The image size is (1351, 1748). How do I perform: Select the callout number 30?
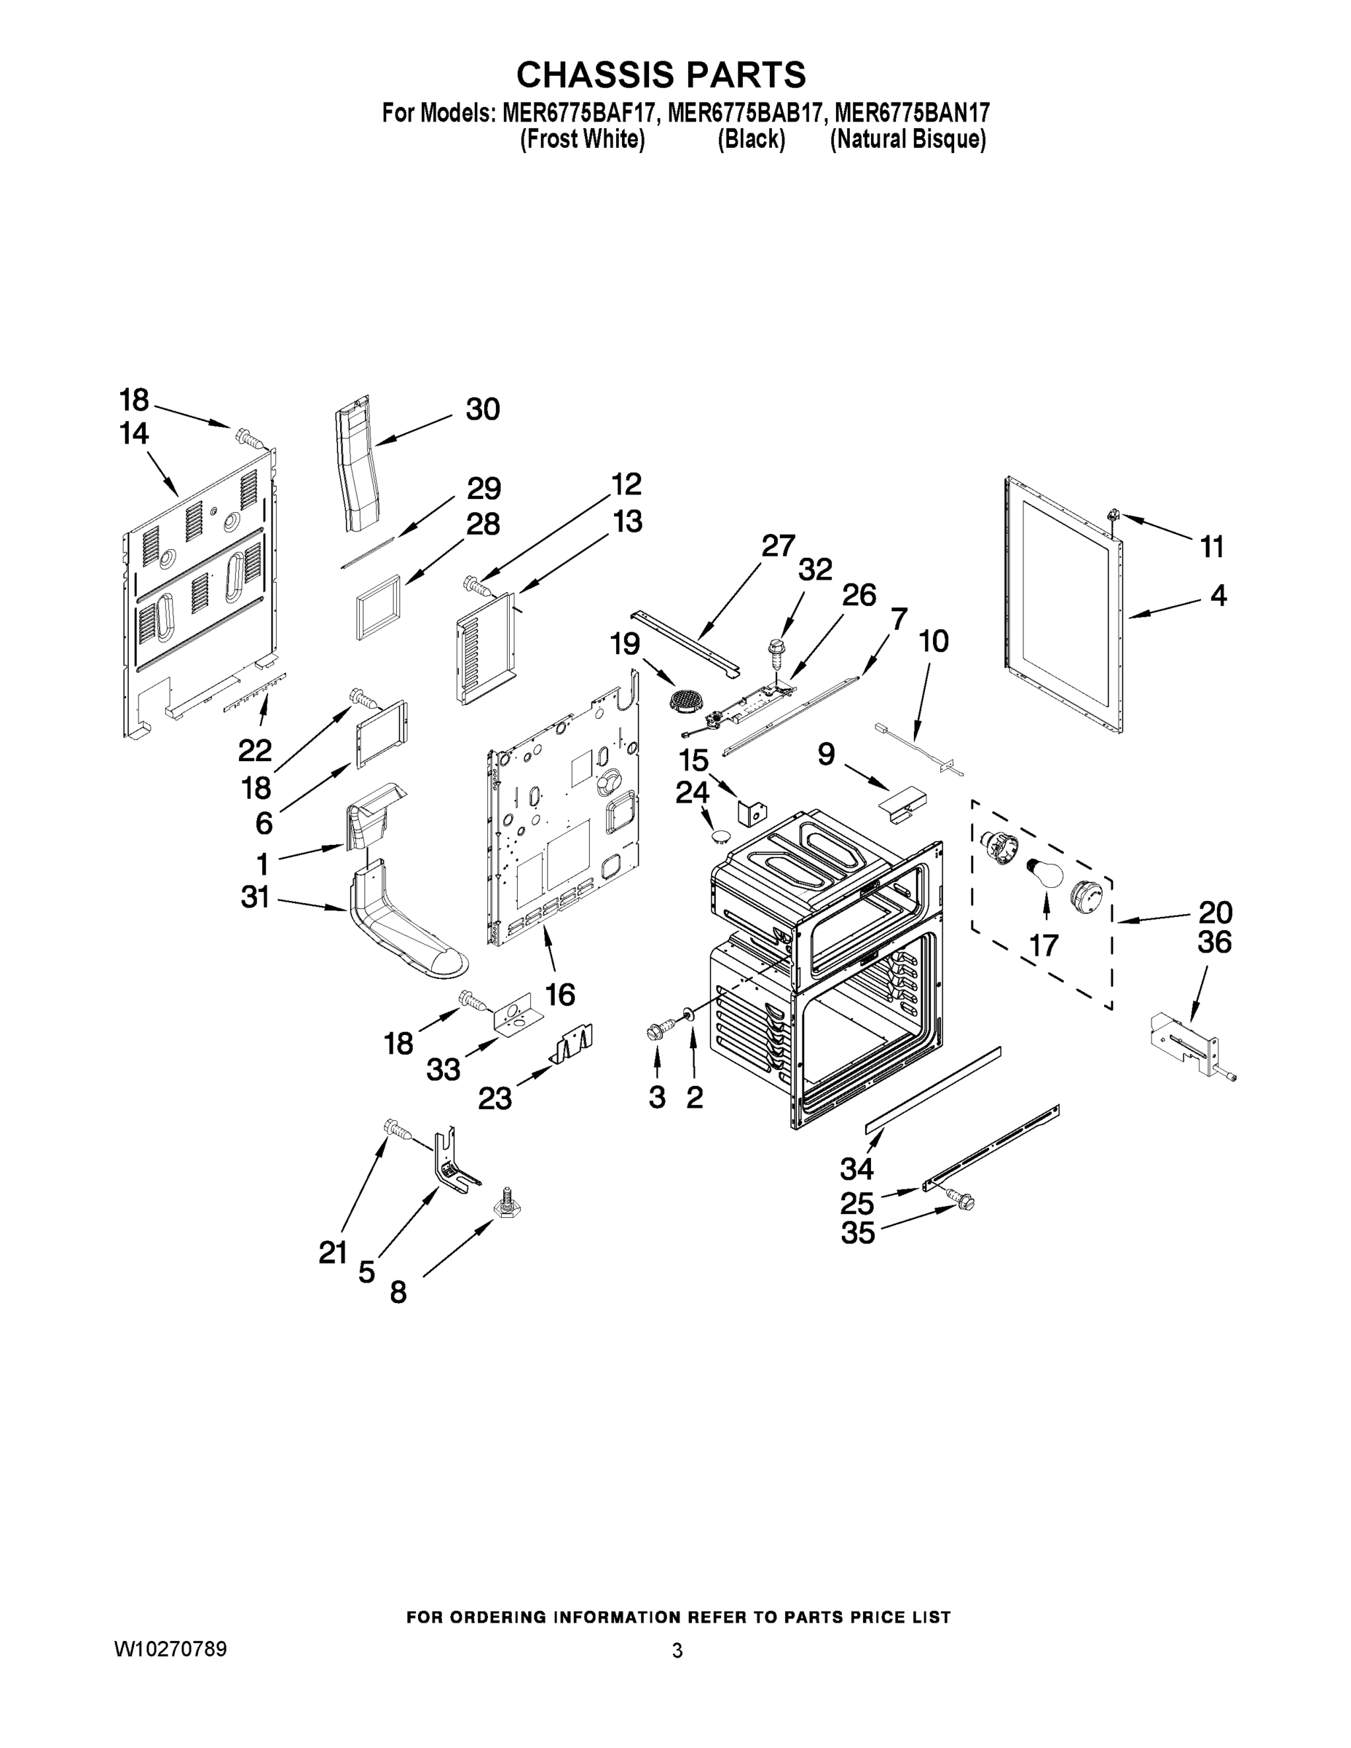pos(483,409)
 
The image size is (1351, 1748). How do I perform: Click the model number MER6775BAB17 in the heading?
pos(744,113)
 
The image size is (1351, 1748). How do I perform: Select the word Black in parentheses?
pos(751,139)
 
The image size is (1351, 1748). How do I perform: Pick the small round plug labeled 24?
pos(720,836)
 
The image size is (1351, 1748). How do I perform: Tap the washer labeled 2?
pos(688,1017)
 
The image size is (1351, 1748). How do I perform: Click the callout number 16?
pos(560,995)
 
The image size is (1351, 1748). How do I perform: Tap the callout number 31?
pos(256,897)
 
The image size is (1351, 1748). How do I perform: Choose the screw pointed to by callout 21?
pos(396,1128)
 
